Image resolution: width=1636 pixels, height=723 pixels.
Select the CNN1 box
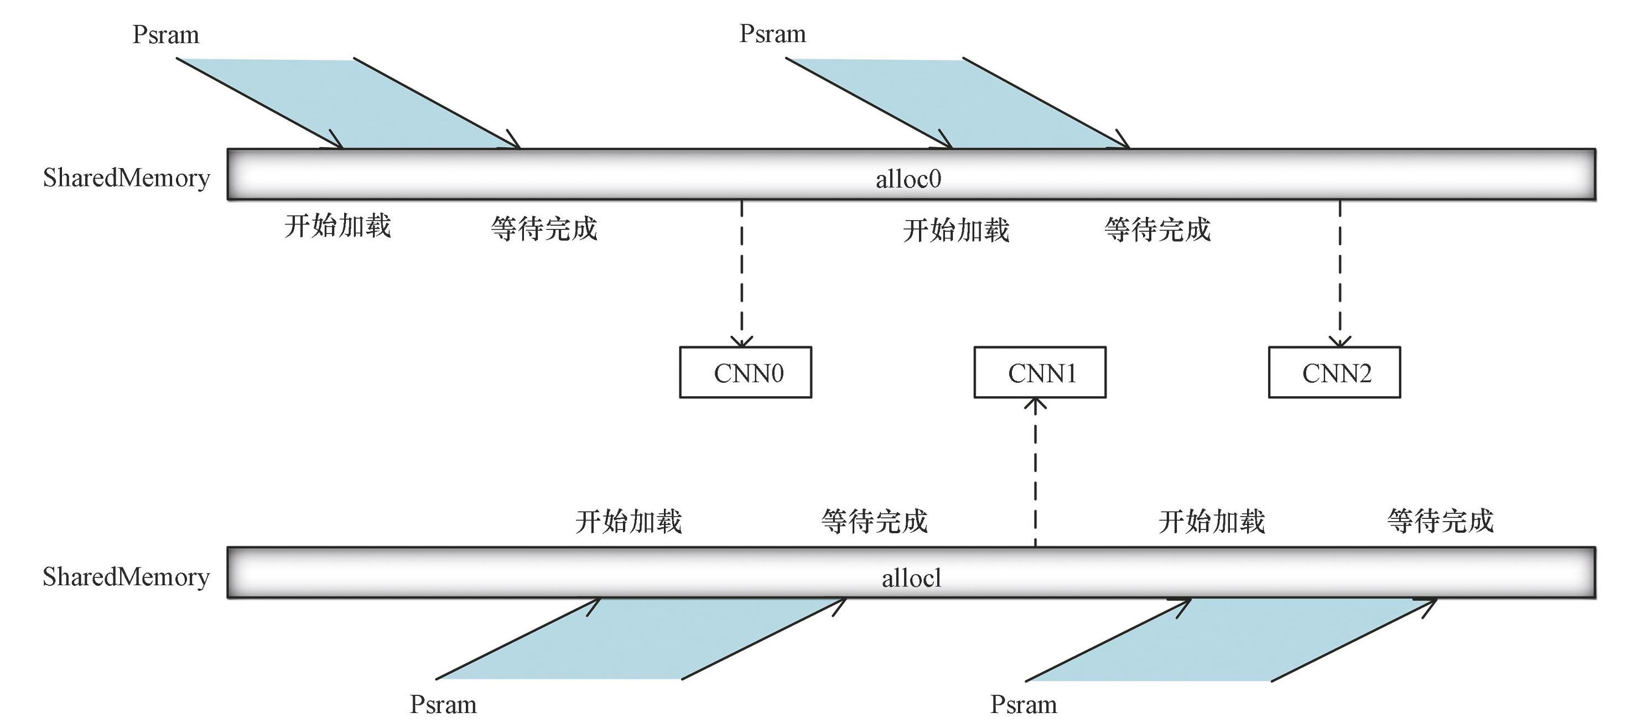coord(1040,373)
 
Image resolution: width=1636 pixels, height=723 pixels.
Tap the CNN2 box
coord(1334,373)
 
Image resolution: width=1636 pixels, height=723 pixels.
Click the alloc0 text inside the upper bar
coord(908,179)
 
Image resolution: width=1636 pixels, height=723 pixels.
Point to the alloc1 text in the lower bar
coord(911,578)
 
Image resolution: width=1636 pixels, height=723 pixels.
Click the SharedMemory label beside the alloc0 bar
coord(126,178)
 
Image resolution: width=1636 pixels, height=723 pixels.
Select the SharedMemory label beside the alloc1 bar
coord(126,576)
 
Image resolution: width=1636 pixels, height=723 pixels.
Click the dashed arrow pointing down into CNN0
coord(742,273)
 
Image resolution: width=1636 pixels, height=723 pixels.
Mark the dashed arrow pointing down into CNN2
coord(1340,273)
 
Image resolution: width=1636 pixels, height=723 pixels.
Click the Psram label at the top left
coord(166,34)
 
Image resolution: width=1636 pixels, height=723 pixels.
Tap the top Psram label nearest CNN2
coord(772,34)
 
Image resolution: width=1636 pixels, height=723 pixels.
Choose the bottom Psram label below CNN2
coord(1023,705)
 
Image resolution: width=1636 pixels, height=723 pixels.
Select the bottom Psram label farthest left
coord(443,705)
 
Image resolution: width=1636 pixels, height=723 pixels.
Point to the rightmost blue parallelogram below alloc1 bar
coord(1232,639)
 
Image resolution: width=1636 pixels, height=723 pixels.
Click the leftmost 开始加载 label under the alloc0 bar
coord(337,226)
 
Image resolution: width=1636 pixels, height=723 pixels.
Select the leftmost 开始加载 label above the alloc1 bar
coord(628,522)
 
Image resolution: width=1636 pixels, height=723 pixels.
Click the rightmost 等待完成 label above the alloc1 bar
coord(1440,521)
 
